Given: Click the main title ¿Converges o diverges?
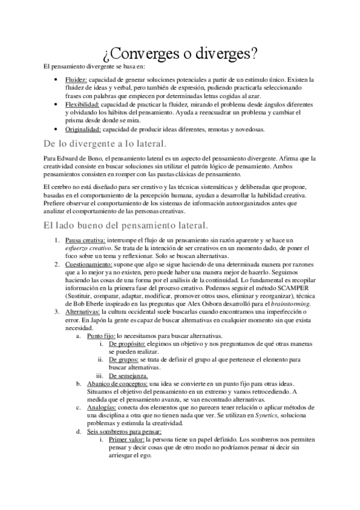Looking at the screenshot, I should pyautogui.click(x=180, y=54).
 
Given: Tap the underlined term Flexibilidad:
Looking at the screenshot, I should pyautogui.click(x=82, y=104).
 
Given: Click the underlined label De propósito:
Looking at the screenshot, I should pyautogui.click(x=128, y=343).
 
